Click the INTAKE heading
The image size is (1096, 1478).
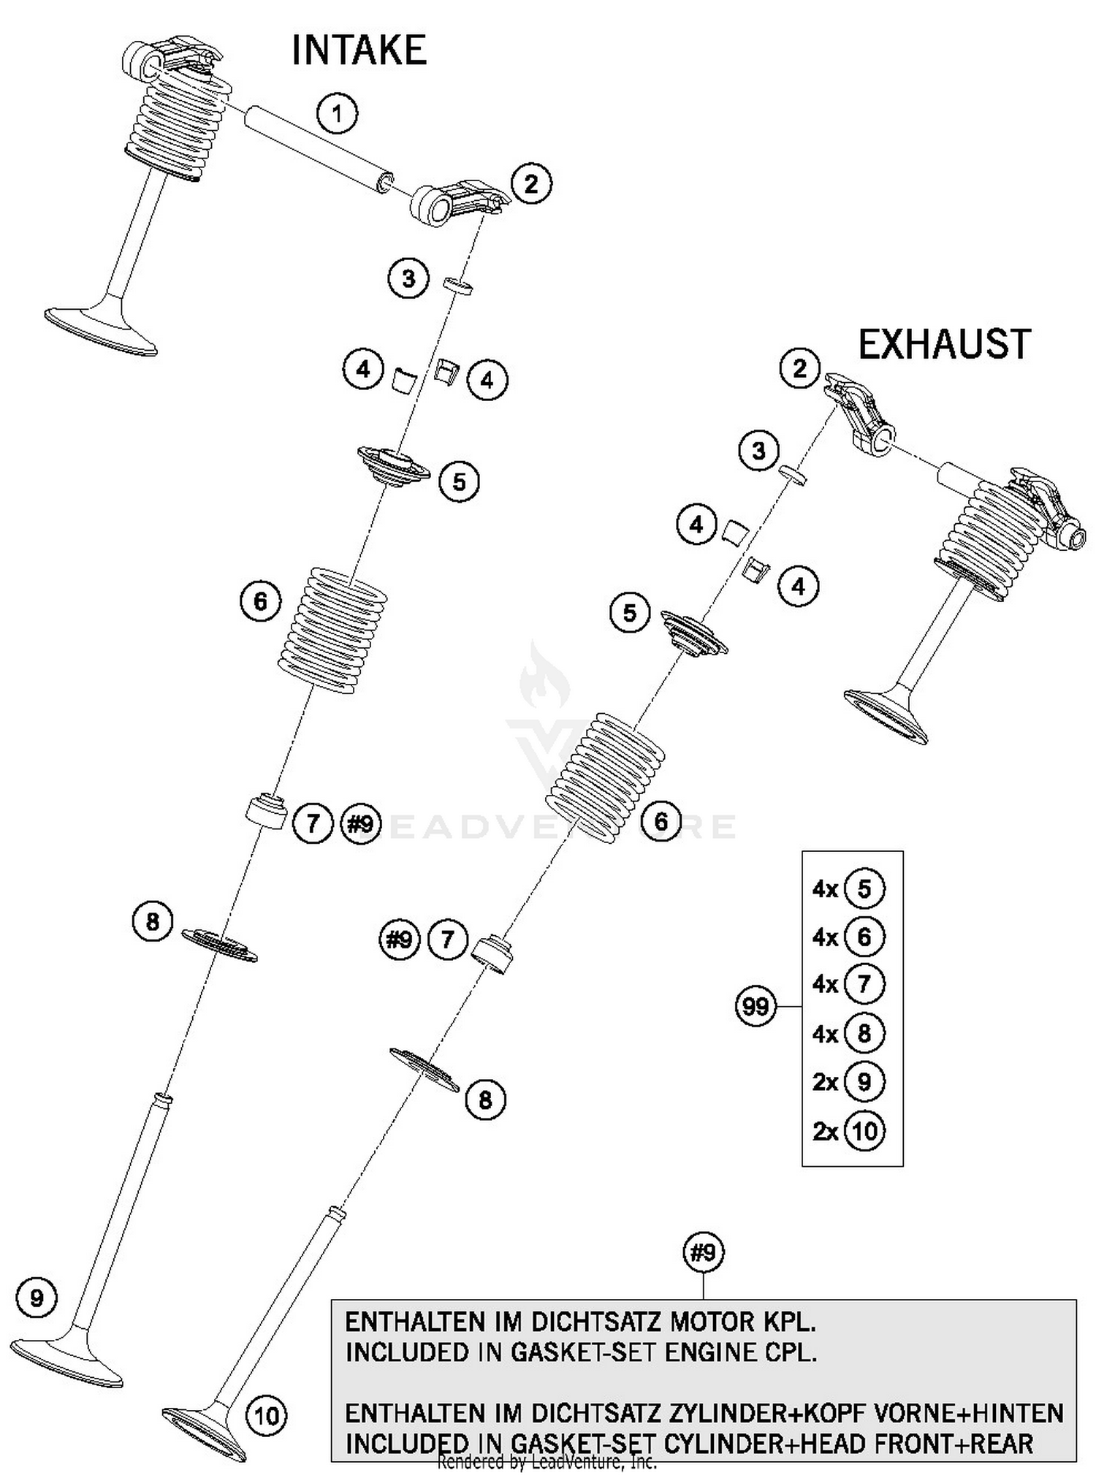tap(359, 51)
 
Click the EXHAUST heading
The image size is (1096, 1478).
tap(943, 345)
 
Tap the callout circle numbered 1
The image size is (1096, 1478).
tap(337, 113)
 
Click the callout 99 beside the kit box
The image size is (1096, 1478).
tap(755, 1007)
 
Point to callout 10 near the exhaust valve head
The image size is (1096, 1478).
tap(267, 1416)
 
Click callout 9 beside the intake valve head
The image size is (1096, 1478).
tap(37, 1298)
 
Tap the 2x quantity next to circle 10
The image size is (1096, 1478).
tap(825, 1131)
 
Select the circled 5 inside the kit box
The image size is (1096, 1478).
tap(864, 889)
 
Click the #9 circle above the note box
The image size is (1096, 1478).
tap(703, 1253)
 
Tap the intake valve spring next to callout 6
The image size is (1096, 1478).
tap(332, 631)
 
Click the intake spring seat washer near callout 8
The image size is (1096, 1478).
tap(219, 944)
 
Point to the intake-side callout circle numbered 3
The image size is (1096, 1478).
tap(408, 278)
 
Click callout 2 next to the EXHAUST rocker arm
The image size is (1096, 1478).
tap(799, 367)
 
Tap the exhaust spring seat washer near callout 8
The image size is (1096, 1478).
tap(425, 1069)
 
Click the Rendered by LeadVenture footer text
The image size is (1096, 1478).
tap(547, 1461)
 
